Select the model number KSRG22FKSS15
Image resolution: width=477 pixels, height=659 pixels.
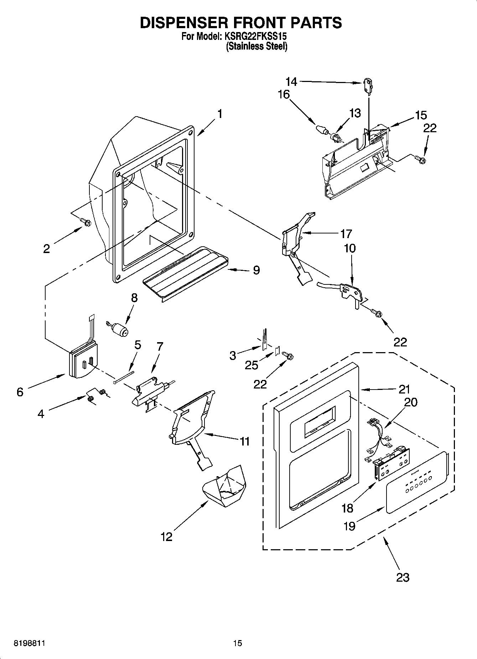[x=255, y=36]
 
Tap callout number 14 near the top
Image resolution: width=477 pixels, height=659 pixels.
[x=291, y=82]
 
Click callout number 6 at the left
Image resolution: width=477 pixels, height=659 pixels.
[x=20, y=392]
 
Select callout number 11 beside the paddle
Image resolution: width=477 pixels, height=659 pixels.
[x=244, y=441]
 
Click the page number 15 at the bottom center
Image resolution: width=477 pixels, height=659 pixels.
[x=238, y=643]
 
